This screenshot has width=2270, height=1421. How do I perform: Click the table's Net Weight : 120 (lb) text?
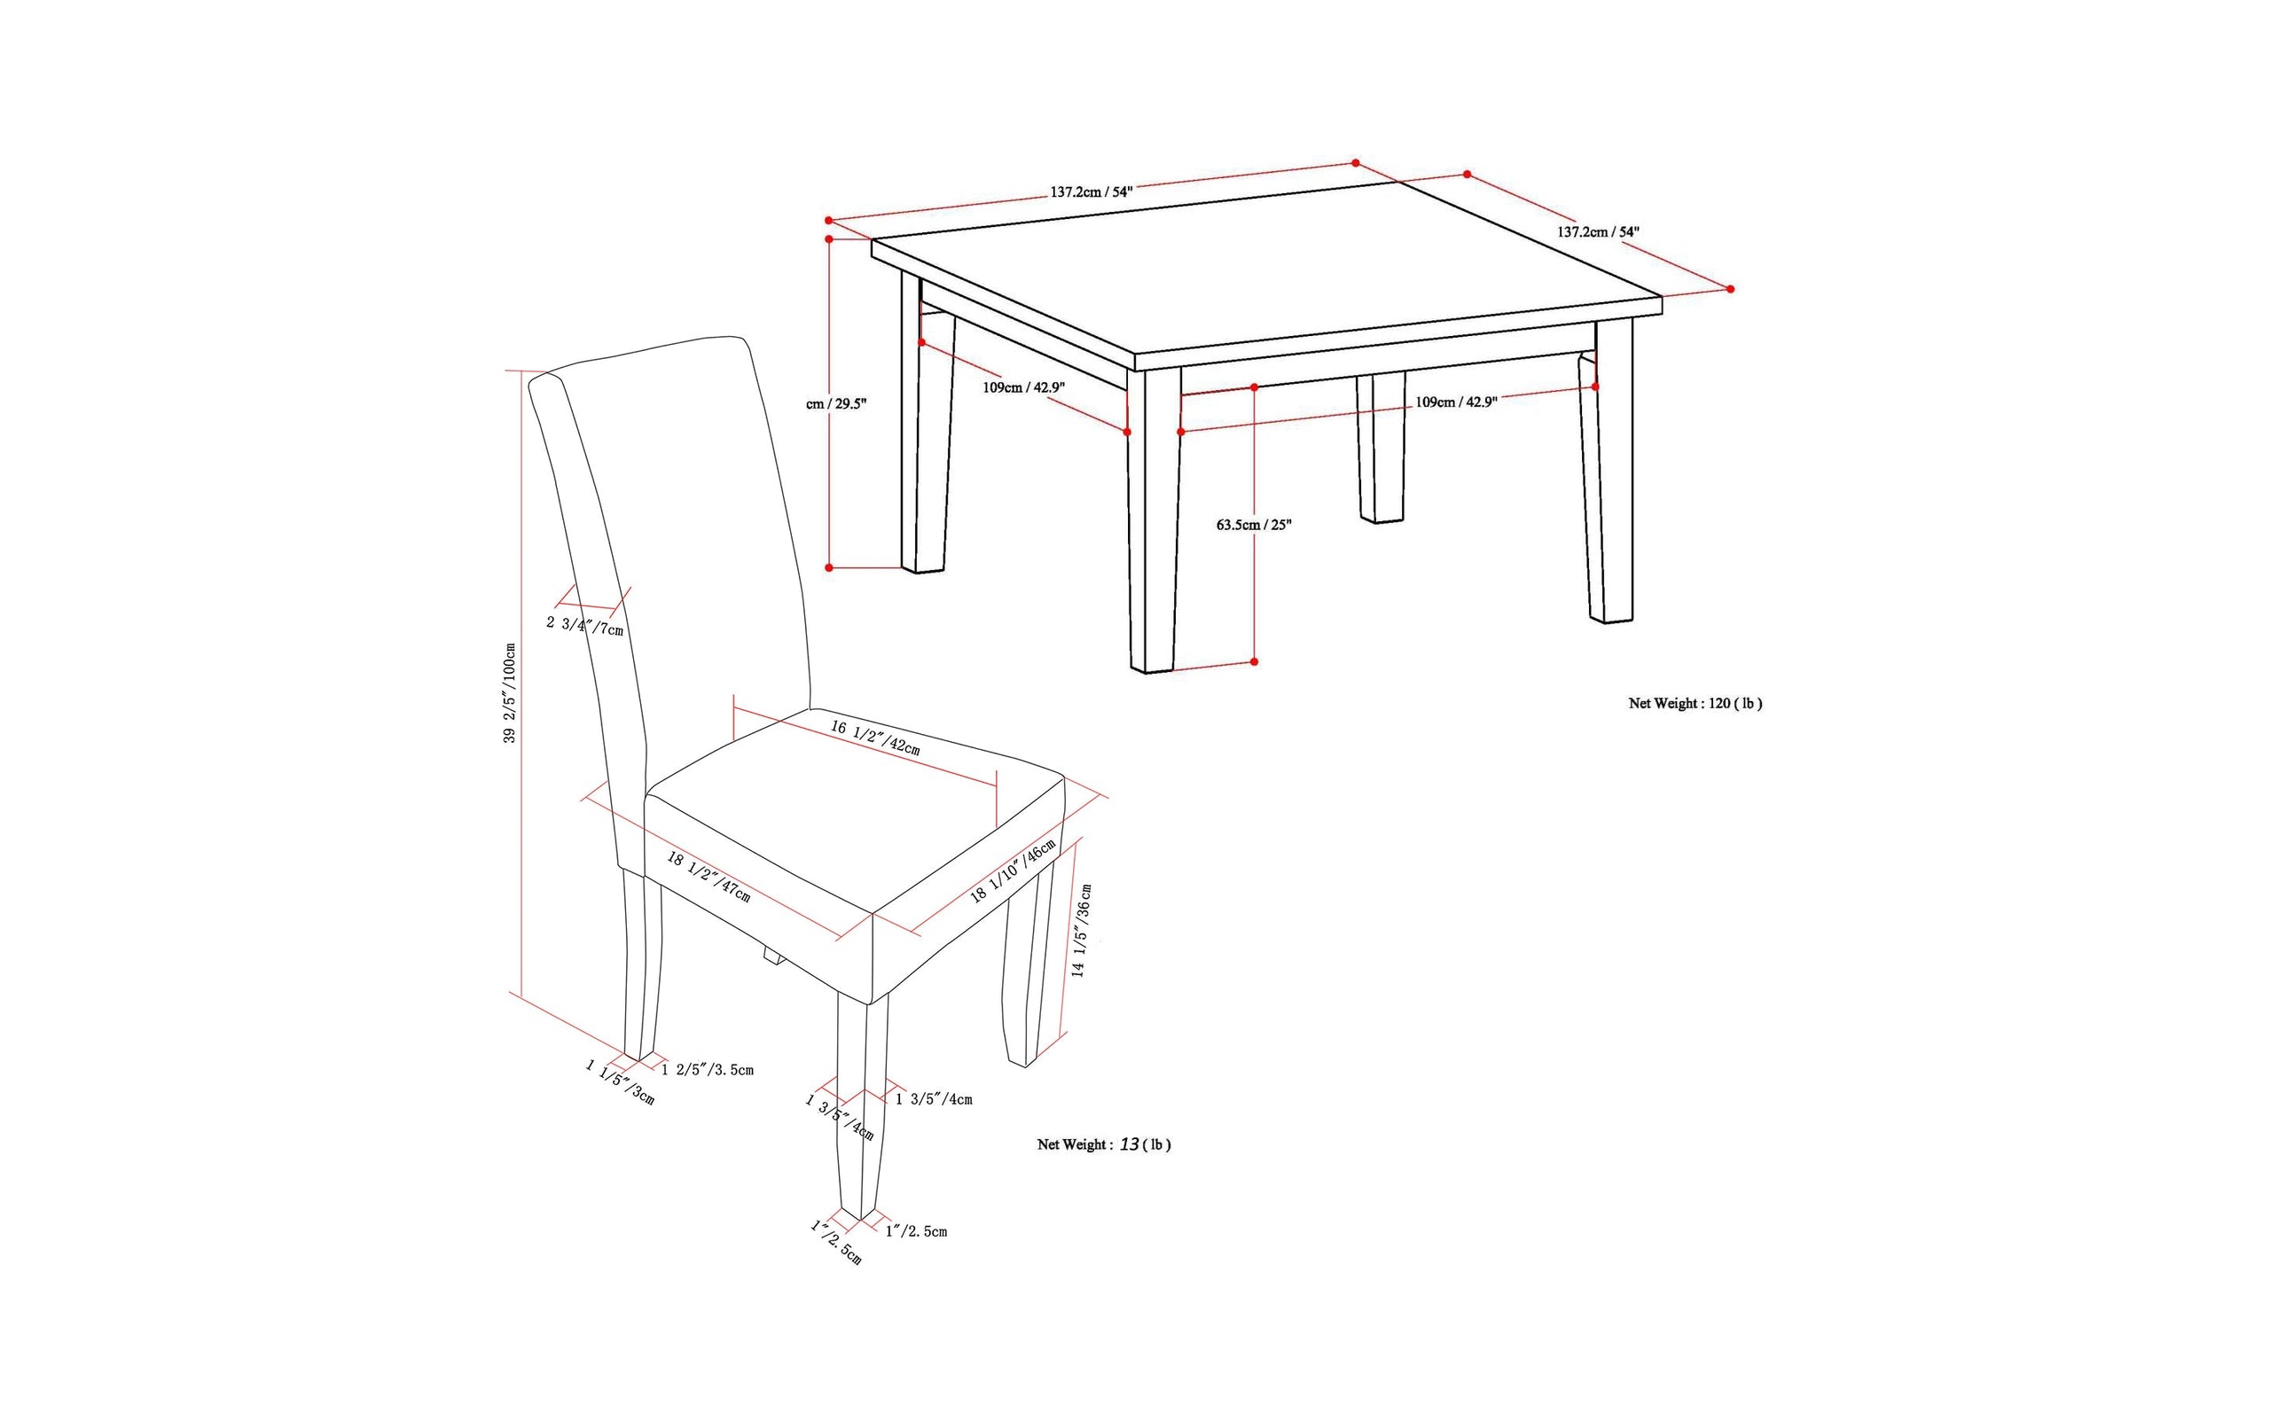pos(1695,703)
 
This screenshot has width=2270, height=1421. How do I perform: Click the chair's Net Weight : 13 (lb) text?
pos(1103,1144)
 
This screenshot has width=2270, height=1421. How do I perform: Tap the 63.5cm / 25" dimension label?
pos(1253,525)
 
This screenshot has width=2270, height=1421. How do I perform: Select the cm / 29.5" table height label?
pos(835,404)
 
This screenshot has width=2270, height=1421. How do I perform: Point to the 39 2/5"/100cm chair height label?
pos(510,692)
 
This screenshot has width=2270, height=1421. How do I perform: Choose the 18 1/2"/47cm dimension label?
pos(708,876)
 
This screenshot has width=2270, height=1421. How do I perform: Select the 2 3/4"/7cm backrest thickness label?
pos(584,626)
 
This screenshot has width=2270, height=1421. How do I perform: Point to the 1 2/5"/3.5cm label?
pos(708,1069)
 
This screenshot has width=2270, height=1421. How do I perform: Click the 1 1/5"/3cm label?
pos(620,1081)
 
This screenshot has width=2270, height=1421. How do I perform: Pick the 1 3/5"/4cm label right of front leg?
pos(933,1098)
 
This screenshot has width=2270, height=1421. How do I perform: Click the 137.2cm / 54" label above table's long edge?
pos(1092,191)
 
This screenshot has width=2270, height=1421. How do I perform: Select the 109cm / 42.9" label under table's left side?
pos(1023,387)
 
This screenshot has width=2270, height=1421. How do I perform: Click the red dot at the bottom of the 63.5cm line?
pos(1254,661)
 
